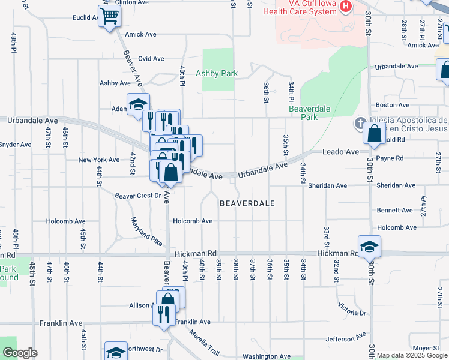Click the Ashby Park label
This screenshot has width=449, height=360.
pos(217,74)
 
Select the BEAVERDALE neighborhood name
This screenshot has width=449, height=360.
pos(247,203)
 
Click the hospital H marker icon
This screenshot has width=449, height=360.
pos(346,7)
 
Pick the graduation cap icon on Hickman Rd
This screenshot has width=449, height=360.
pos(369,246)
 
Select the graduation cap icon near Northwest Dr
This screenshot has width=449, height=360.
pos(116,352)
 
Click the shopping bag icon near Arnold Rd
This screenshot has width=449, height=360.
pos(374,135)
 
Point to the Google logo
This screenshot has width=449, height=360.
pos(19,353)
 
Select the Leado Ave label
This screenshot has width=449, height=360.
pos(341,152)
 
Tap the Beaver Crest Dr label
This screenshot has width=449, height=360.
pos(139,196)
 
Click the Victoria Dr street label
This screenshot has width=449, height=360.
pos(352,309)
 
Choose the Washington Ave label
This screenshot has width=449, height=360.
pos(268,356)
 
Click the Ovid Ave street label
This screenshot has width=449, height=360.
pos(151,59)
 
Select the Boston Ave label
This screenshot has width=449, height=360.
pos(387,105)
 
